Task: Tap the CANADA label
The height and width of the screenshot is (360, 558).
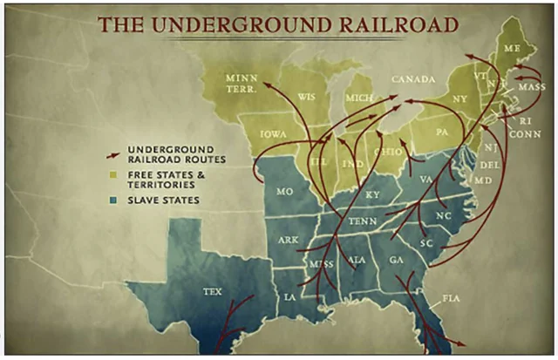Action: tap(412, 79)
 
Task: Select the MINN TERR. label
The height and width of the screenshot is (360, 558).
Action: tap(241, 84)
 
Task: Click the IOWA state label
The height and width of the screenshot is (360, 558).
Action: tap(273, 134)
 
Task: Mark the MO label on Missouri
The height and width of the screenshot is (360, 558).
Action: tap(284, 190)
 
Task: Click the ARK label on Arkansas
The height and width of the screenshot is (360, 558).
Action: tap(288, 239)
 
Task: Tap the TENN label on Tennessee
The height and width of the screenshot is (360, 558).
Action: tap(362, 221)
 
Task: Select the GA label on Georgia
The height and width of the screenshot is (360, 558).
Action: tap(397, 260)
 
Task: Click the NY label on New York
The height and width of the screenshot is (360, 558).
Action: tap(459, 98)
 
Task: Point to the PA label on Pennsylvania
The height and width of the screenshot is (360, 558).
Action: tap(441, 132)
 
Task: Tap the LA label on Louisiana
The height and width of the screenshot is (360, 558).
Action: tap(289, 297)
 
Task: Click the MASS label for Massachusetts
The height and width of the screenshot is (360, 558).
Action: tap(531, 87)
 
